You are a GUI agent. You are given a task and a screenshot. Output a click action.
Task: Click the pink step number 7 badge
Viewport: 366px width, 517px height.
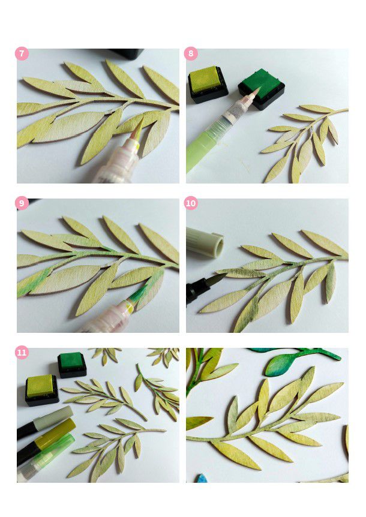pos(22,54)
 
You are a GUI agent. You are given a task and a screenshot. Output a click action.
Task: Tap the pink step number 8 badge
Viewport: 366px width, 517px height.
pos(191,54)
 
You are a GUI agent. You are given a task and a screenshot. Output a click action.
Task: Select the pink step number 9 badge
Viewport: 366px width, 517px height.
pos(22,203)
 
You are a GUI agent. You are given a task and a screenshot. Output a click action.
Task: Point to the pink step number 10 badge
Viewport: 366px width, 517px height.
pos(191,203)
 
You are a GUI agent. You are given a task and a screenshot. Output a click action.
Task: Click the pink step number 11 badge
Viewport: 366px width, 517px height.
pos(22,353)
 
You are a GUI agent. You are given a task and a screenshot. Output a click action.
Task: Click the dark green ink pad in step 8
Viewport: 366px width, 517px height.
pos(261,89)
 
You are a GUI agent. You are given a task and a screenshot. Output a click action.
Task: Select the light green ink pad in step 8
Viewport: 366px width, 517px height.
pos(208,84)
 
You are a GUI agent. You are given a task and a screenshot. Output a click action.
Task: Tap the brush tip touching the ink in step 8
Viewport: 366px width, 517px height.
pos(254,91)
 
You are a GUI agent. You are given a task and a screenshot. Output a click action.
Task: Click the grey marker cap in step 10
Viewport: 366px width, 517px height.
pos(205,242)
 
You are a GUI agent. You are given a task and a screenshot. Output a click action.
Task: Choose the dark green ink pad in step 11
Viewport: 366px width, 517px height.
pos(72,365)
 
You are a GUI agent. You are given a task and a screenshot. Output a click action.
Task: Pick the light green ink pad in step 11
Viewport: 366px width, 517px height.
pos(41,390)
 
